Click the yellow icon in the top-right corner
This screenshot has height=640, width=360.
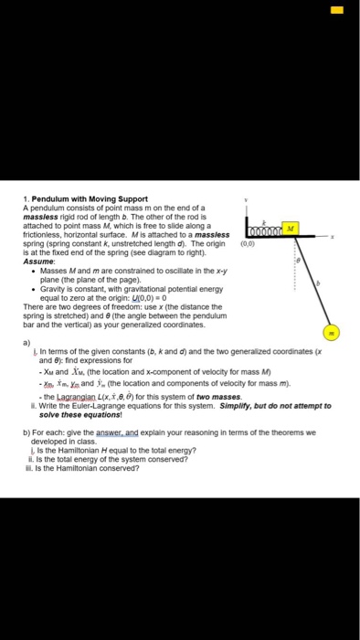334,10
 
